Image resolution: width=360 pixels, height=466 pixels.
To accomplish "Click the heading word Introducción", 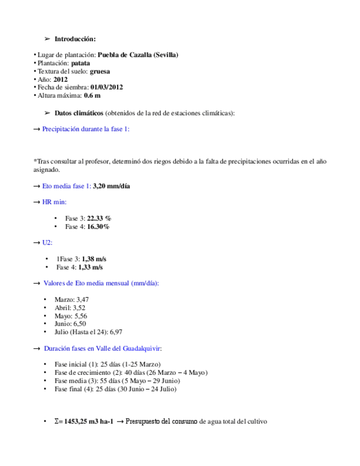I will click(75, 39).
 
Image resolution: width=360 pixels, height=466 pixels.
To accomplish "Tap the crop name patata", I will click(81, 63).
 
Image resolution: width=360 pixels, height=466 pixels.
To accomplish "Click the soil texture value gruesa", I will click(99, 71).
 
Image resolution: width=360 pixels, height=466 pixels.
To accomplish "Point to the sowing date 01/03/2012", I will click(107, 87).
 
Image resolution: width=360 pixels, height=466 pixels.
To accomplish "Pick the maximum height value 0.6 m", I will click(92, 96).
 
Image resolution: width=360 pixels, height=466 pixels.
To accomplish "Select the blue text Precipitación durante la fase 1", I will click(86, 129).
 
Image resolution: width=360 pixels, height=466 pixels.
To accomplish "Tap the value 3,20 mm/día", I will click(112, 186).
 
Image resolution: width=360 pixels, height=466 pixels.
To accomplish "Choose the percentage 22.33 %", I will click(99, 218).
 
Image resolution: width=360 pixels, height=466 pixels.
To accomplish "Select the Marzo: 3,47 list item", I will click(71, 299).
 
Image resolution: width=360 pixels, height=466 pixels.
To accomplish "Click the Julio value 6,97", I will click(116, 332).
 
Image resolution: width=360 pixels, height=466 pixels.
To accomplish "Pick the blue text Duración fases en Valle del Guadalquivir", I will click(102, 348).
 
